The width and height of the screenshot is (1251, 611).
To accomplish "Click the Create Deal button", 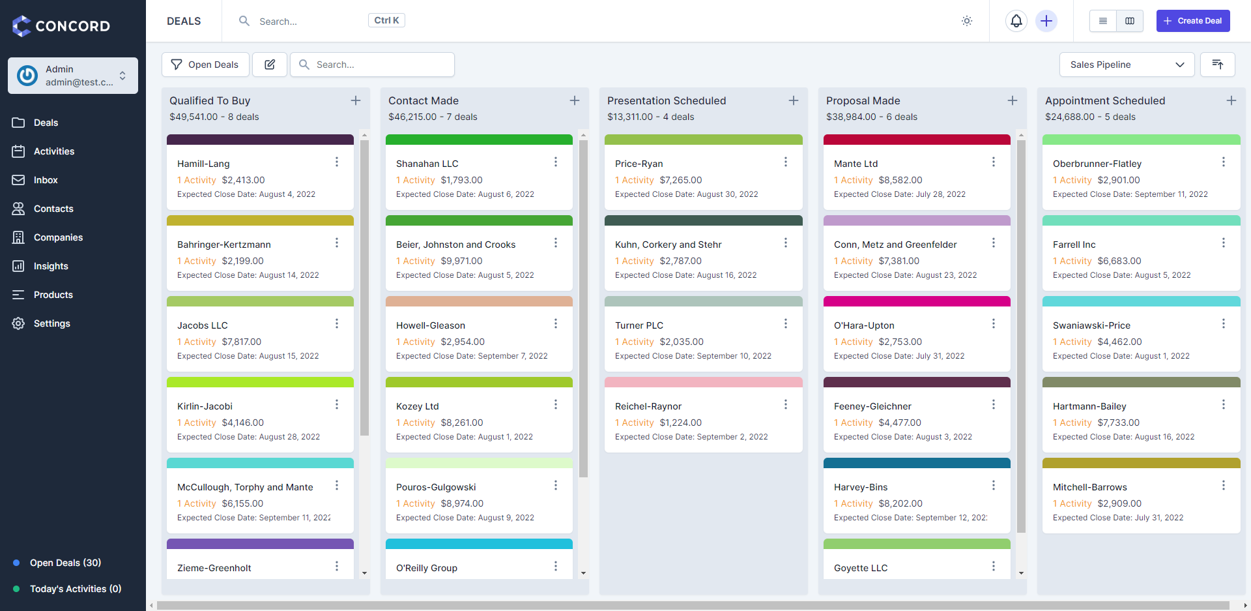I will point(1192,21).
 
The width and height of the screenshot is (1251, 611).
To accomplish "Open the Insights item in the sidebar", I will point(51,266).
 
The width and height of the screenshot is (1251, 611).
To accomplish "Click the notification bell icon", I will point(1016,21).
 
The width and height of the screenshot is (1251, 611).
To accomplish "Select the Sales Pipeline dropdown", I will point(1127,65).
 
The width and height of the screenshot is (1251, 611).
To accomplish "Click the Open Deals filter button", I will point(205,65).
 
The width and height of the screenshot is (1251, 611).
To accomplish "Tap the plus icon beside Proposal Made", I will point(1012,100).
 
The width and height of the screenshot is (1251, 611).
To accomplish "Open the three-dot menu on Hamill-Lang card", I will point(337,162).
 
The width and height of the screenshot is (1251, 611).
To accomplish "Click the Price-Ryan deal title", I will point(639,164).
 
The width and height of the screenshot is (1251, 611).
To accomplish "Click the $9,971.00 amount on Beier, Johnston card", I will point(461,261).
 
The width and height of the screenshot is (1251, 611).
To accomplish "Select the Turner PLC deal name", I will point(639,325).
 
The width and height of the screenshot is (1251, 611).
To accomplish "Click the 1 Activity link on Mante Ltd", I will point(853,180).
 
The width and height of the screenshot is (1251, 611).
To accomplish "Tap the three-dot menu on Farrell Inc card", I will point(1223,243).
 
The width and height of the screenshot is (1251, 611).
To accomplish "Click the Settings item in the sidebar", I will point(51,323).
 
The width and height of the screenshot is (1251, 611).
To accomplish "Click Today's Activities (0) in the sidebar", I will point(75,589).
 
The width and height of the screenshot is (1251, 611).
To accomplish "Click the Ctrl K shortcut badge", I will point(386,20).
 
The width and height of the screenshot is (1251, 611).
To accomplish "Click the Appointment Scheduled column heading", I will point(1104,100).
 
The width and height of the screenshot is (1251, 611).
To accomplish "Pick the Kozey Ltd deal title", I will point(417,406).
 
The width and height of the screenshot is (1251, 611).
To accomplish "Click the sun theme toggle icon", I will point(967,21).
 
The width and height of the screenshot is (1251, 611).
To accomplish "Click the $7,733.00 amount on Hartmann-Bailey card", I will point(1118,423).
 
